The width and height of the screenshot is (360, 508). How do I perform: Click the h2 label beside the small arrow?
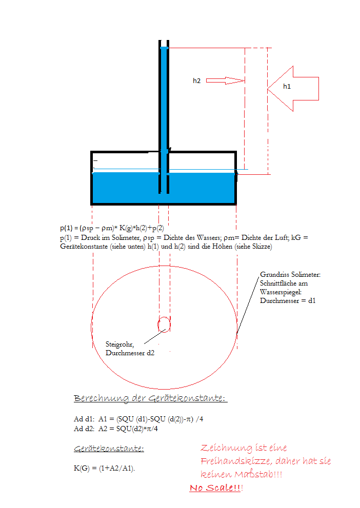point(196,80)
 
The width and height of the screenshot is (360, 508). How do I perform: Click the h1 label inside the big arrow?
point(287,87)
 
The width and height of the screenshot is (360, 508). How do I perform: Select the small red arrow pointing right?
point(226,80)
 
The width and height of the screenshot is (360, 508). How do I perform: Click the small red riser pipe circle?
point(164,324)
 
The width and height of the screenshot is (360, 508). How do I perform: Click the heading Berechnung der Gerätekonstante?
point(150,398)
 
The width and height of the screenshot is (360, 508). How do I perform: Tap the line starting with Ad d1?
point(139,419)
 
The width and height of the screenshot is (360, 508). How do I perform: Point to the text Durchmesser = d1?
point(287,300)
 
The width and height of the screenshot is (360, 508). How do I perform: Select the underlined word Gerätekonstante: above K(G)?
point(109,449)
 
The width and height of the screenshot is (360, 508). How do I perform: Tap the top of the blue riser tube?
point(164,48)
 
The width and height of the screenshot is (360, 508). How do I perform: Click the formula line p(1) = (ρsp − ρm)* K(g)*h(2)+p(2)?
point(115,228)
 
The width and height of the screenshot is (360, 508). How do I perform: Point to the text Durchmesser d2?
point(130,353)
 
